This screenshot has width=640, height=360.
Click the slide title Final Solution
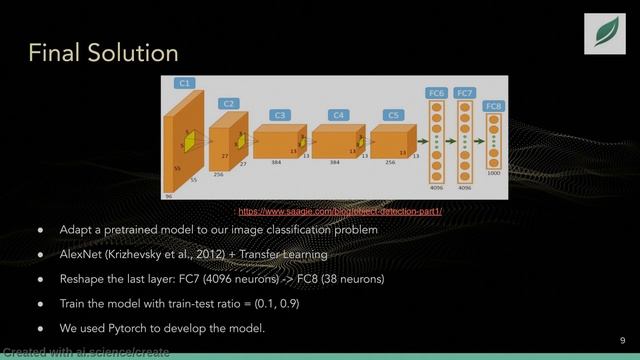102,51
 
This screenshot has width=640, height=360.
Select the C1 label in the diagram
183,83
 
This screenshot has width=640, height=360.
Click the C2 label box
229,102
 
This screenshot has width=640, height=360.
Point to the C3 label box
280,115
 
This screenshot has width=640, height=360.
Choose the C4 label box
339,115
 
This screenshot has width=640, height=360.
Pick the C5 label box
393,115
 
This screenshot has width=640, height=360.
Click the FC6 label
435,93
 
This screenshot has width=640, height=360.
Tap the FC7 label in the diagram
465,93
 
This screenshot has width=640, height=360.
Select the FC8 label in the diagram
493,105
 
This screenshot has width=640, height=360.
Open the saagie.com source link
339,212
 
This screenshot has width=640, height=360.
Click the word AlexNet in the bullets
83,254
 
